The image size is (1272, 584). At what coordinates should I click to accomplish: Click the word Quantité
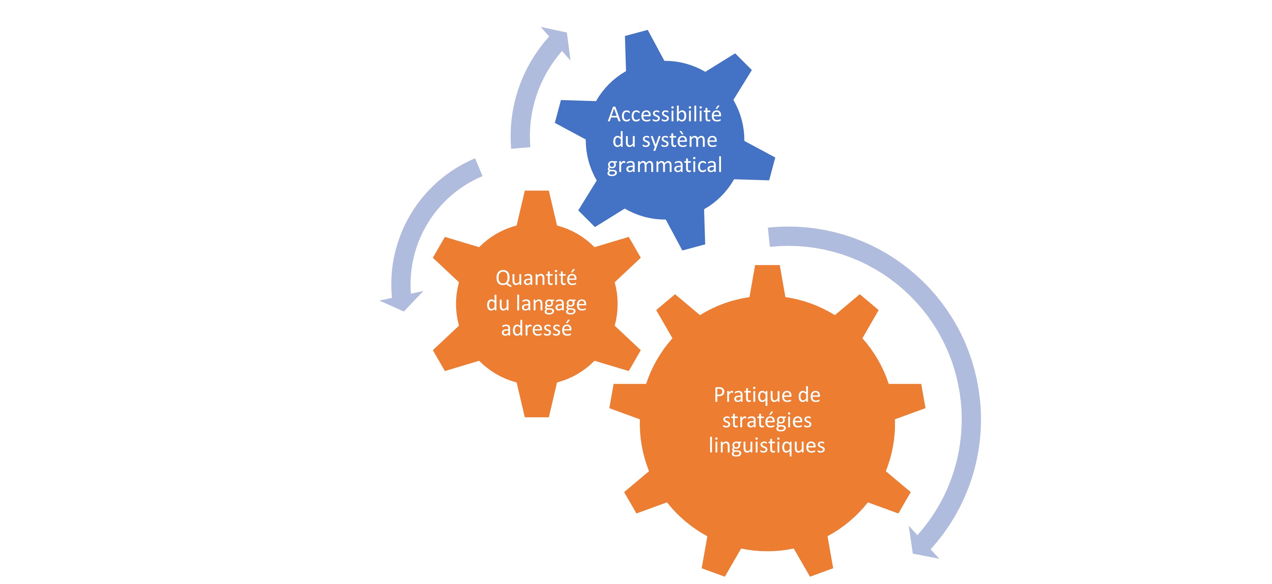click(536, 278)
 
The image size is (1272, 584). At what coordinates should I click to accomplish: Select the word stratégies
click(767, 420)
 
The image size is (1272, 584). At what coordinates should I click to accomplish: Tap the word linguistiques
click(767, 446)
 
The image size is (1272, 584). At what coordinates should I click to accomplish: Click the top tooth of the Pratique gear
click(767, 281)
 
